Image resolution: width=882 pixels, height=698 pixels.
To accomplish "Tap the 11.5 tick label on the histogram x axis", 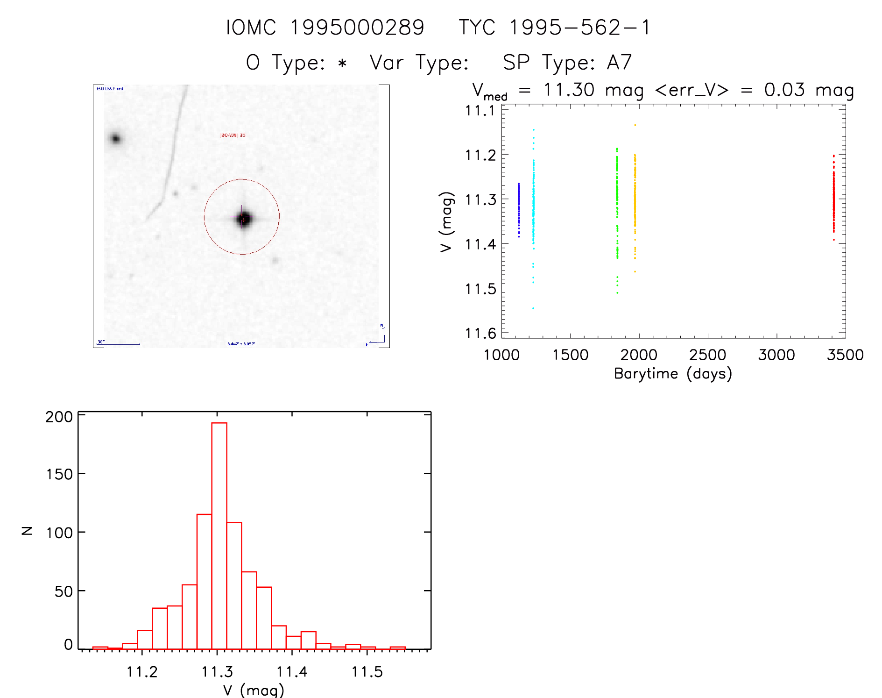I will click(367, 672).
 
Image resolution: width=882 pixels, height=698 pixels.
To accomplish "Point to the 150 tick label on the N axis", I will click(59, 474).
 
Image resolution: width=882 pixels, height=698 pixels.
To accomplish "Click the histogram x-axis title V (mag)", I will click(254, 690).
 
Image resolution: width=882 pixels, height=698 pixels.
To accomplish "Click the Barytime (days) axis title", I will click(673, 374).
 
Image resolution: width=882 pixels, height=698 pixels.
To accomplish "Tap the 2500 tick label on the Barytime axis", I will click(707, 355).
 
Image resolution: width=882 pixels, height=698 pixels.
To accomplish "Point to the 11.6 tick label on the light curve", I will click(480, 334).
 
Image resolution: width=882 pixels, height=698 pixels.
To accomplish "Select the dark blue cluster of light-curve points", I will click(518, 210).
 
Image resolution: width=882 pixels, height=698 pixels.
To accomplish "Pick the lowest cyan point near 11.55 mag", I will click(533, 308).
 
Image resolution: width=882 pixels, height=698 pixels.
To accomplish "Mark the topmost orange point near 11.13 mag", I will click(635, 125).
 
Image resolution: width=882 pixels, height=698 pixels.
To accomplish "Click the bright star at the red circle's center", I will click(243, 218).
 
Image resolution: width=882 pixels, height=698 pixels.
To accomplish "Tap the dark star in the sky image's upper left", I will click(115, 138).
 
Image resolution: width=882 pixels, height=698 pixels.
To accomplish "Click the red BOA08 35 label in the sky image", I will click(233, 135).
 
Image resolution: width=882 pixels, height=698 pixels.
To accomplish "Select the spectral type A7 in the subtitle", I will click(619, 63).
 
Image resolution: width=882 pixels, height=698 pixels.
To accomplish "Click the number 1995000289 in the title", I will click(357, 28).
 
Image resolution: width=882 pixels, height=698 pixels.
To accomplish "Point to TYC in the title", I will click(477, 28).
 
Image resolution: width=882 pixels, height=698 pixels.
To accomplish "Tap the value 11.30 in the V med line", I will click(569, 90).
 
